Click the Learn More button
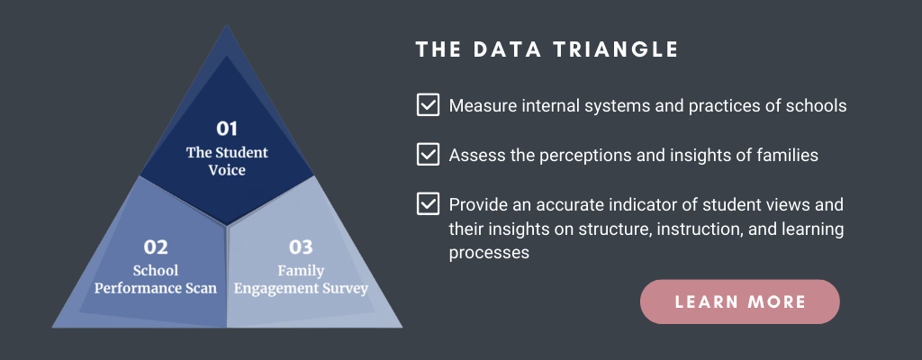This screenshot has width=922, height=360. tap(740, 301)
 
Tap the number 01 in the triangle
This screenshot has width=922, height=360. tap(226, 129)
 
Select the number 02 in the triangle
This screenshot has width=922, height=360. tap(156, 247)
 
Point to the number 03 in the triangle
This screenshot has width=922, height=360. tap(301, 247)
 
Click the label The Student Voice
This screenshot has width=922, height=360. tap(227, 161)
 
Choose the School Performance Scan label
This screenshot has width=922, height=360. tap(156, 279)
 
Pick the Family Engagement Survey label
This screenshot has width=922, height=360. tap(301, 279)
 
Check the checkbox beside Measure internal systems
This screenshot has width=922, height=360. tap(428, 105)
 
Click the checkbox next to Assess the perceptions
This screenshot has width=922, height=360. tap(428, 155)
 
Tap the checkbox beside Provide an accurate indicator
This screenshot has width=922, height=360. tap(428, 204)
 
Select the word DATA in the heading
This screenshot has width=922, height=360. tap(508, 49)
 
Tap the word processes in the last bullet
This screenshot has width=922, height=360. tap(489, 253)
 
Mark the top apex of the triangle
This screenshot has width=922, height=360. tap(226, 24)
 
